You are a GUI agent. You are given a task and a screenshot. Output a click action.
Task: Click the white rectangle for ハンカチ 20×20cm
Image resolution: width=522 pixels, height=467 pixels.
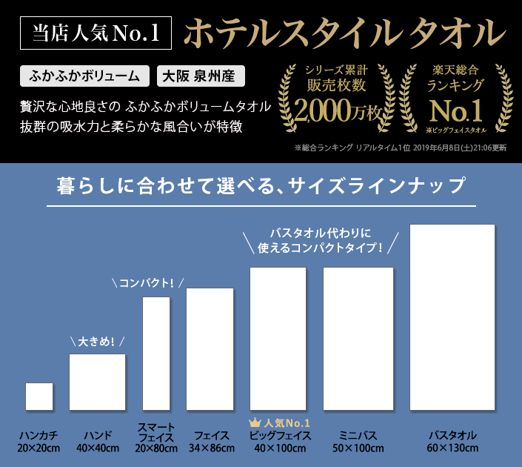tap(39, 397)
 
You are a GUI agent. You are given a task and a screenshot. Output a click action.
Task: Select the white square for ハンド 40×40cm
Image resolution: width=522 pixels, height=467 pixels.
tap(97, 382)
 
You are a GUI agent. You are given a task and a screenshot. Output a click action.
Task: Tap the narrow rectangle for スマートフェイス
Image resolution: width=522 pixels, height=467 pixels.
tap(156, 354)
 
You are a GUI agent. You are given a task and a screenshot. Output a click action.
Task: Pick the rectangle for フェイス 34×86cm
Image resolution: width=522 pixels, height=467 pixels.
tap(210, 349)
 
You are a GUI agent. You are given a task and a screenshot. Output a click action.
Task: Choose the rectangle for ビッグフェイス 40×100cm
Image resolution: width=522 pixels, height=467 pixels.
tap(278, 339)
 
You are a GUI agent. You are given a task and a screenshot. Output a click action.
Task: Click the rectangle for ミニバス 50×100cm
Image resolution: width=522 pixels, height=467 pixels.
tap(358, 339)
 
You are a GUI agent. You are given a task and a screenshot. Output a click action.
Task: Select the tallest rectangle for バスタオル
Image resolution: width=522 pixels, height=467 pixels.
tap(452, 317)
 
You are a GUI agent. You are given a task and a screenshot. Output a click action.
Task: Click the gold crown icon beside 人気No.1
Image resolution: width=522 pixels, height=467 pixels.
tap(255, 423)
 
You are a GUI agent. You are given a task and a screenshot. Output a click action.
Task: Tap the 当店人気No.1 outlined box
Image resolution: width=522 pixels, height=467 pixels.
tap(96, 33)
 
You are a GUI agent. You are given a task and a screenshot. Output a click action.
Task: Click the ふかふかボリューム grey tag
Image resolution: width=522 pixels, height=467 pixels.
tap(84, 76)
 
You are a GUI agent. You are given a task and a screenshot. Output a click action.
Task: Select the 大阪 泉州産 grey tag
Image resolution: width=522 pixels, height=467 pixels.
tap(201, 76)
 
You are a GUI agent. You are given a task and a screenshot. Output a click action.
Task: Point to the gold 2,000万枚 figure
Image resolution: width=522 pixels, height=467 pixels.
tap(337, 110)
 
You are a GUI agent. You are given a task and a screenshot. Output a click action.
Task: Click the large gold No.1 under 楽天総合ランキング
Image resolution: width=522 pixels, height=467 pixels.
tap(456, 110)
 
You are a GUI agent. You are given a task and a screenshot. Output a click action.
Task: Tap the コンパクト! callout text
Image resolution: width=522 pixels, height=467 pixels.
tap(147, 283)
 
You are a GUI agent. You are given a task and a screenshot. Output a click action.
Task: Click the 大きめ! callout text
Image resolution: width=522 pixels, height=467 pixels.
tap(96, 341)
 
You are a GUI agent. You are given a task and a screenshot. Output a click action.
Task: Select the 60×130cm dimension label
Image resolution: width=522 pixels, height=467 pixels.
tap(452, 448)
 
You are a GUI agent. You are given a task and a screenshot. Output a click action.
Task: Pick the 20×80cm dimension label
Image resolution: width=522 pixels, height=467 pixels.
tap(156, 448)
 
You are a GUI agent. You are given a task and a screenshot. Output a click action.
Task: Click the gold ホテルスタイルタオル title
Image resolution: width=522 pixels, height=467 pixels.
tap(344, 33)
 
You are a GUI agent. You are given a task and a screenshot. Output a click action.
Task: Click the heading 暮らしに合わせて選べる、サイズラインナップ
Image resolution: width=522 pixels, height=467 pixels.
tap(261, 185)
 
